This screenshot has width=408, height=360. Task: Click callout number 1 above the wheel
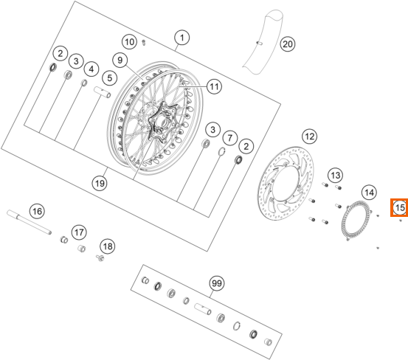click(181, 37)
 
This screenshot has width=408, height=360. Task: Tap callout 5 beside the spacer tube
click(108, 77)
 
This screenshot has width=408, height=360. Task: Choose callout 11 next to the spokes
click(213, 87)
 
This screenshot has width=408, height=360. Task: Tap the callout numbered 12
click(308, 136)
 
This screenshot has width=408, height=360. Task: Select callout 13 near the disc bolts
click(335, 175)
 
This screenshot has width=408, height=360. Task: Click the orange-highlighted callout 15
click(399, 208)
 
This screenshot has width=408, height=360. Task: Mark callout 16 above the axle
click(35, 211)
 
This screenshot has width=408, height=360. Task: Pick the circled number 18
click(108, 246)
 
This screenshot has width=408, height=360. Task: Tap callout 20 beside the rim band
click(287, 44)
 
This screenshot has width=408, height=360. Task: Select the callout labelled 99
click(216, 283)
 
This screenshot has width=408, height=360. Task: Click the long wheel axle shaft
click(30, 216)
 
